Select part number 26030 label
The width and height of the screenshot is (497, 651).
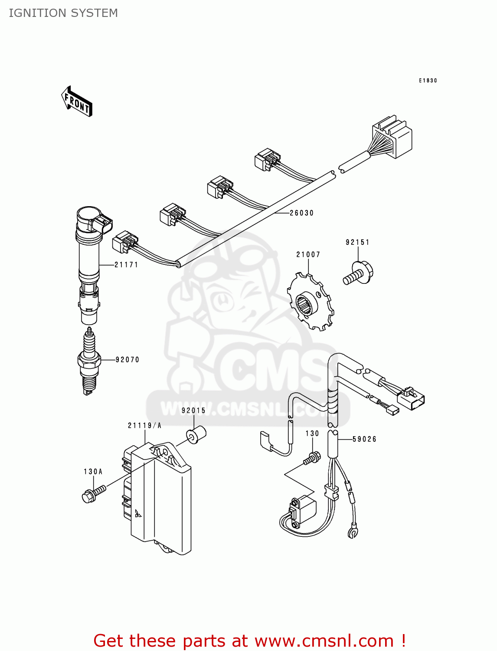click(x=301, y=213)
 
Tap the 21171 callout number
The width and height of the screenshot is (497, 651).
click(x=126, y=265)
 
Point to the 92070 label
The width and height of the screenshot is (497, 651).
click(x=128, y=360)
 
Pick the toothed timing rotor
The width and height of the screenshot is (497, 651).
click(x=311, y=301)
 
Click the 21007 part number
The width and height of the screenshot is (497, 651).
click(x=308, y=255)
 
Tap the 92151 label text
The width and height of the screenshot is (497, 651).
click(x=357, y=243)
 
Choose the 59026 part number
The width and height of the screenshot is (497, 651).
click(x=364, y=439)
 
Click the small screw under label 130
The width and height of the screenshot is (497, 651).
click(x=312, y=458)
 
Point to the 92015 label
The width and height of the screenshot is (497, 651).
click(x=193, y=411)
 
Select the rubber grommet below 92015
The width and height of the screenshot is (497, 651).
click(x=196, y=434)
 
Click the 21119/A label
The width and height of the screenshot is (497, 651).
click(x=144, y=426)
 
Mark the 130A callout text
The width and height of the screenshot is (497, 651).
click(x=93, y=472)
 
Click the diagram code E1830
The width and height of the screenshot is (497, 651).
click(x=428, y=81)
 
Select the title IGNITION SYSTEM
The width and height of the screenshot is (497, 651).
click(x=63, y=13)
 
